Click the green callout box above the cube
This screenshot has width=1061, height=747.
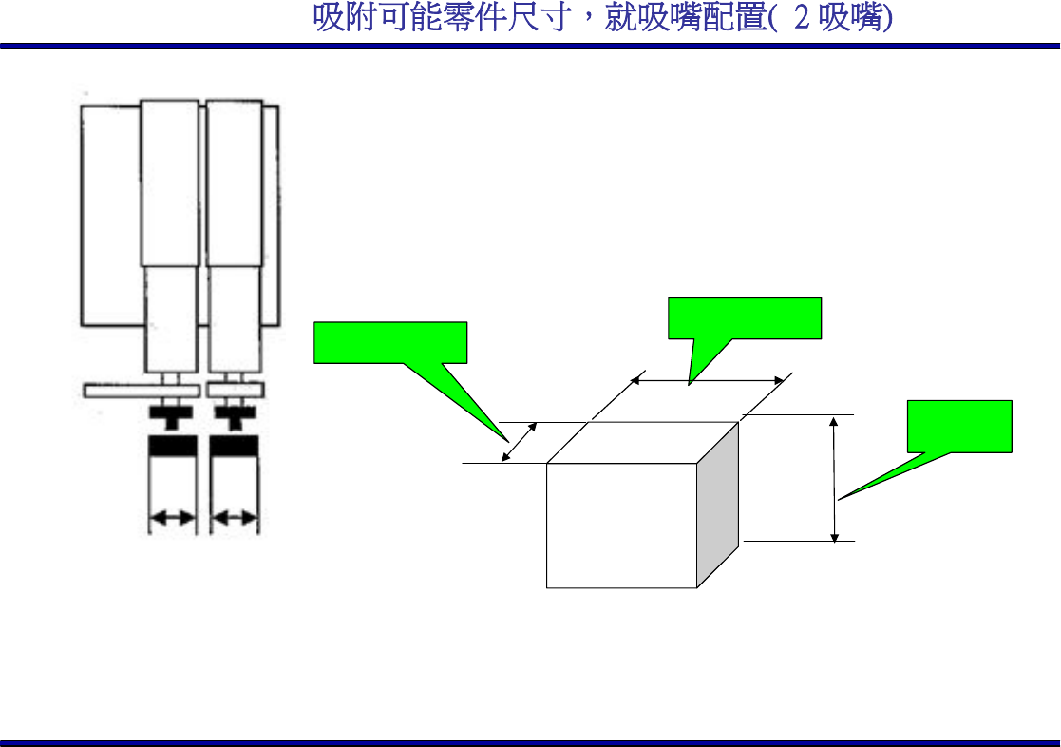pos(745,317)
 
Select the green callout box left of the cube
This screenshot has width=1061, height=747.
pos(390,342)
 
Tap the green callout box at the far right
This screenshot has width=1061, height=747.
pos(959,426)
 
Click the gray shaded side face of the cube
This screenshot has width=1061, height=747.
pos(717,504)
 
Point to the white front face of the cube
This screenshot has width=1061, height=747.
pos(621,526)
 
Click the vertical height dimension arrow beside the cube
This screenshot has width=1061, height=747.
pos(834,479)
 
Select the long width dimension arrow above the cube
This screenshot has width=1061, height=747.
pos(710,378)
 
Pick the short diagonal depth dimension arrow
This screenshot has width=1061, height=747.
pos(518,443)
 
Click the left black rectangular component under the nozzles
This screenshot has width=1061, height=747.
pos(172,446)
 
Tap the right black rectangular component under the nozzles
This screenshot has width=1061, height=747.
pos(234,446)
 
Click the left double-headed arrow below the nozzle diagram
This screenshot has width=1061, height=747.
pos(172,518)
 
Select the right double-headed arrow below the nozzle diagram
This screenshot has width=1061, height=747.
pos(234,518)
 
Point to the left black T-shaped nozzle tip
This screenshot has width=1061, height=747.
pos(171,415)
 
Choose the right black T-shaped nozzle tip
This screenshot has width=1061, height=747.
pos(233,415)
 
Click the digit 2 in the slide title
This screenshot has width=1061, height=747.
pos(801,19)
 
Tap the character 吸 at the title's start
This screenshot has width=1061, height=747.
pos(328,19)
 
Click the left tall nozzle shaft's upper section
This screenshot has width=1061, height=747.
pos(169,181)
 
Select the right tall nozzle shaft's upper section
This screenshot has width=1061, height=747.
pos(234,181)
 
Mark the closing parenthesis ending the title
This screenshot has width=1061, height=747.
pos(887,20)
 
